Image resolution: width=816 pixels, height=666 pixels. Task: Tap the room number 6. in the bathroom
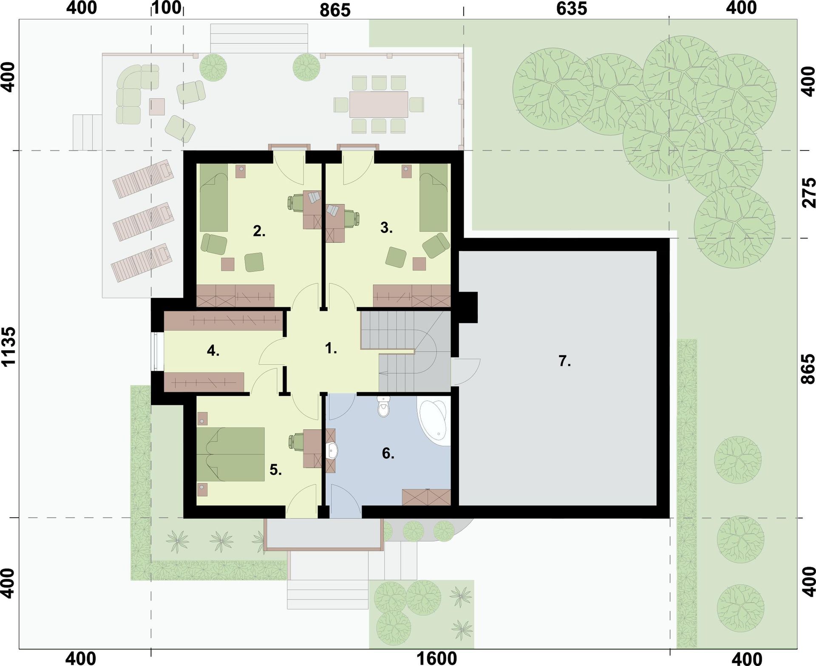pyautogui.click(x=388, y=453)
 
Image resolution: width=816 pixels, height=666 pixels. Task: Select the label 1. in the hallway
pyautogui.click(x=331, y=349)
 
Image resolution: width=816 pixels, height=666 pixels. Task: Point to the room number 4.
pyautogui.click(x=213, y=351)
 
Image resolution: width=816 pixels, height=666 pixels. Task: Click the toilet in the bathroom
pyautogui.click(x=384, y=407)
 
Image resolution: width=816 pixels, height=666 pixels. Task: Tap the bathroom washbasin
pyautogui.click(x=331, y=451)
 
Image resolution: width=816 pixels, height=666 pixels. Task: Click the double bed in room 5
pyautogui.click(x=230, y=454)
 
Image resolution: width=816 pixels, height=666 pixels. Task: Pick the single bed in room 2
pyautogui.click(x=214, y=198)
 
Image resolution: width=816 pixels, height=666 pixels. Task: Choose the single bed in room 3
pyautogui.click(x=433, y=198)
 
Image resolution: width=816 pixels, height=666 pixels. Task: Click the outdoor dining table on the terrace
pyautogui.click(x=379, y=104)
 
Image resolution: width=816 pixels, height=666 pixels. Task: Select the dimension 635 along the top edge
pyautogui.click(x=572, y=9)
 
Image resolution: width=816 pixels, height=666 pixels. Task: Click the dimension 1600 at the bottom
pyautogui.click(x=437, y=658)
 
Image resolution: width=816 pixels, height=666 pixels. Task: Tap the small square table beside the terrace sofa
pyautogui.click(x=157, y=107)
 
